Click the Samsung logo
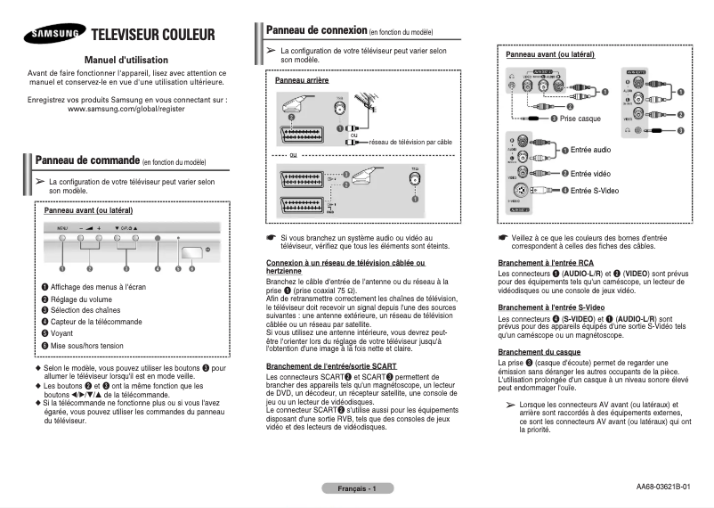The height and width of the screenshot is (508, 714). (x=55, y=35)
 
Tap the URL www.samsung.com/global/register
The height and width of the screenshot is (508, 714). (x=126, y=109)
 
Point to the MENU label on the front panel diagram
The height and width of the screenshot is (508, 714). (x=62, y=229)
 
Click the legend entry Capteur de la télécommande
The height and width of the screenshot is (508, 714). (x=97, y=322)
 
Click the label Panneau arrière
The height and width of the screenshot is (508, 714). (x=296, y=80)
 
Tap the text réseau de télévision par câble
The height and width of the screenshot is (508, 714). (x=410, y=141)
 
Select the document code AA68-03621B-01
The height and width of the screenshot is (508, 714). (x=662, y=487)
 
